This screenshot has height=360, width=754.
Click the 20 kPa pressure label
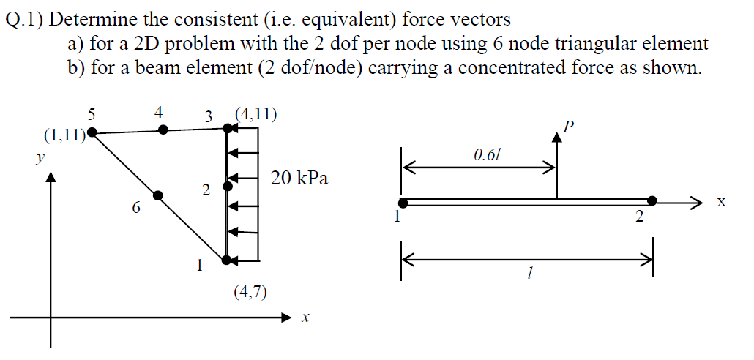(x=299, y=178)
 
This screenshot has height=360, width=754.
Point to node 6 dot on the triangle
(x=157, y=195)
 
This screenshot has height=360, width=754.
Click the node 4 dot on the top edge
(x=163, y=130)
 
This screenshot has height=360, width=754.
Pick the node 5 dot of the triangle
(x=92, y=133)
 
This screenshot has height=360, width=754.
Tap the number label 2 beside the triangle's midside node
(x=206, y=191)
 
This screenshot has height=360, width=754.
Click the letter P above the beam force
(x=569, y=129)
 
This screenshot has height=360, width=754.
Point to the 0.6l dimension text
(x=488, y=155)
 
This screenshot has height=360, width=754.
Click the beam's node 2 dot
(x=652, y=200)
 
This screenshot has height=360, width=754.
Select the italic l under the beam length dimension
(x=529, y=274)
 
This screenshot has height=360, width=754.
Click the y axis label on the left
(x=42, y=157)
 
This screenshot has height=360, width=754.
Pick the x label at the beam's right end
(x=721, y=202)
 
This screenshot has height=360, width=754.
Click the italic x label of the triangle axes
(x=305, y=318)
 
